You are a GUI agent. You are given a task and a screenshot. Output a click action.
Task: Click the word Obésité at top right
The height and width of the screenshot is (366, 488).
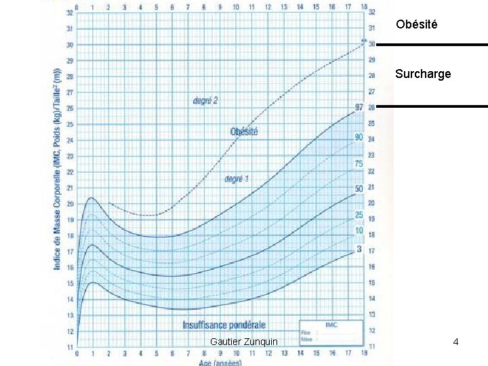(x=417, y=24)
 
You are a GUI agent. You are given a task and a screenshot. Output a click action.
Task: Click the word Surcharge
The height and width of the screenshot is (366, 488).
(x=422, y=74)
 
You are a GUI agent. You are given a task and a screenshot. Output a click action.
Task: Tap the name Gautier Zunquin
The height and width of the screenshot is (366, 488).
(x=244, y=342)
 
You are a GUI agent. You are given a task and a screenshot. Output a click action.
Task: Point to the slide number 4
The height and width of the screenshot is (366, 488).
(x=456, y=342)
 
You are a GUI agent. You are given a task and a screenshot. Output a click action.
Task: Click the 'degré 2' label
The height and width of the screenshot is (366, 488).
(x=205, y=101)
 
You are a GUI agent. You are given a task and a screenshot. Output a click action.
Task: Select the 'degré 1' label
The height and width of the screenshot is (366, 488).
(x=237, y=179)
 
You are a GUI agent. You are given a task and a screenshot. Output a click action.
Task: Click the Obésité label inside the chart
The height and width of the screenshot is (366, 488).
(x=244, y=131)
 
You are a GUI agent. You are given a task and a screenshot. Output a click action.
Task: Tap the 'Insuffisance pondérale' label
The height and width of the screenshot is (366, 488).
(x=224, y=325)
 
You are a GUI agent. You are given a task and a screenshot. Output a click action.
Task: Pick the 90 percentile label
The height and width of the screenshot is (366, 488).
(x=359, y=138)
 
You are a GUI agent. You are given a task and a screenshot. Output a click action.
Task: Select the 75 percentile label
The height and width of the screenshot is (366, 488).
(x=359, y=164)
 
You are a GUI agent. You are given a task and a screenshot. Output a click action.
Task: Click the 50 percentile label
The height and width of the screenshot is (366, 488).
(x=359, y=188)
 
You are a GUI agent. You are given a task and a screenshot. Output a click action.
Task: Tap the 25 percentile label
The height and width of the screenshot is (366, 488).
(x=359, y=216)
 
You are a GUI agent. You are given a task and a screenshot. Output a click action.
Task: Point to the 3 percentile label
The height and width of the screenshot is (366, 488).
(x=359, y=249)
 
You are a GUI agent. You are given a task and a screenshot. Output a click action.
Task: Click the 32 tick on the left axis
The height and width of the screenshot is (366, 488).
(x=70, y=13)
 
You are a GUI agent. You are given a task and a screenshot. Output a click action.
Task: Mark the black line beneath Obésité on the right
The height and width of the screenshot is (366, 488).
(x=432, y=45)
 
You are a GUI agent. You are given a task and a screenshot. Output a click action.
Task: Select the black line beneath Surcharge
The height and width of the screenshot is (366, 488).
(x=432, y=106)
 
